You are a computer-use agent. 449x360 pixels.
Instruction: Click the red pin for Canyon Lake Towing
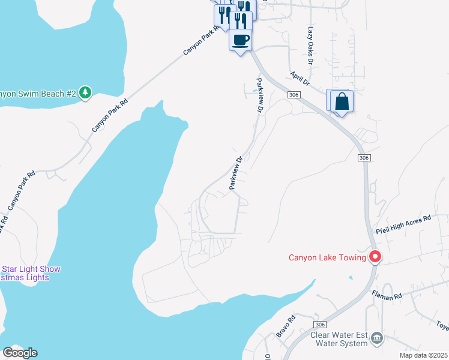[x=376, y=257]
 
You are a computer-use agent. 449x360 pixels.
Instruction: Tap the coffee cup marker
[x=240, y=41]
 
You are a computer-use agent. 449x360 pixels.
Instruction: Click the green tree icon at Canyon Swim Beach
[x=86, y=92]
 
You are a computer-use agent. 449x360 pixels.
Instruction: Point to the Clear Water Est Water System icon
[x=376, y=338]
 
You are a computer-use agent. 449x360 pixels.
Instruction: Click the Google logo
[x=20, y=353]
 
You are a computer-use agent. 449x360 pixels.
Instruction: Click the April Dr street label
[x=299, y=78]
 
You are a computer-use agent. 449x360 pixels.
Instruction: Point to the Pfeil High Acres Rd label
[x=403, y=224]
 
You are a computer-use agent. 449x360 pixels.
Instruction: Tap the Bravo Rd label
[x=285, y=326]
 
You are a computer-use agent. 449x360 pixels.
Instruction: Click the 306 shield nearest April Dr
[x=293, y=95]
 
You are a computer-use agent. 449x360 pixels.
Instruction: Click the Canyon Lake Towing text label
[x=327, y=258]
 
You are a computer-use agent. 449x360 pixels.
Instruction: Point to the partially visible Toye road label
[x=443, y=326]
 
